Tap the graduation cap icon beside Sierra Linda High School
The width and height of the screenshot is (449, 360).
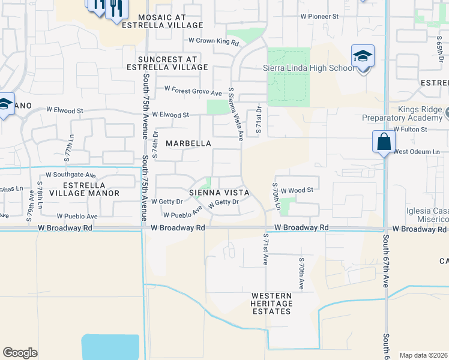[363, 57]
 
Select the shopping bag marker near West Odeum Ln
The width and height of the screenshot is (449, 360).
[383, 142]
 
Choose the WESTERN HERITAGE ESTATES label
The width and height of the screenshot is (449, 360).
[272, 304]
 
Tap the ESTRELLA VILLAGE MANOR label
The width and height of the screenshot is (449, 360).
[85, 189]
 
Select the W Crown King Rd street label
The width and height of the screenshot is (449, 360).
[214, 41]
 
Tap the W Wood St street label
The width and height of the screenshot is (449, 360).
[297, 190]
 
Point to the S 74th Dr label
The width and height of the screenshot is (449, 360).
[154, 145]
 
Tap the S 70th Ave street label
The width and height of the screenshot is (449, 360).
[301, 274]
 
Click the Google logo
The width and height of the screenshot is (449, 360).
[20, 353]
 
